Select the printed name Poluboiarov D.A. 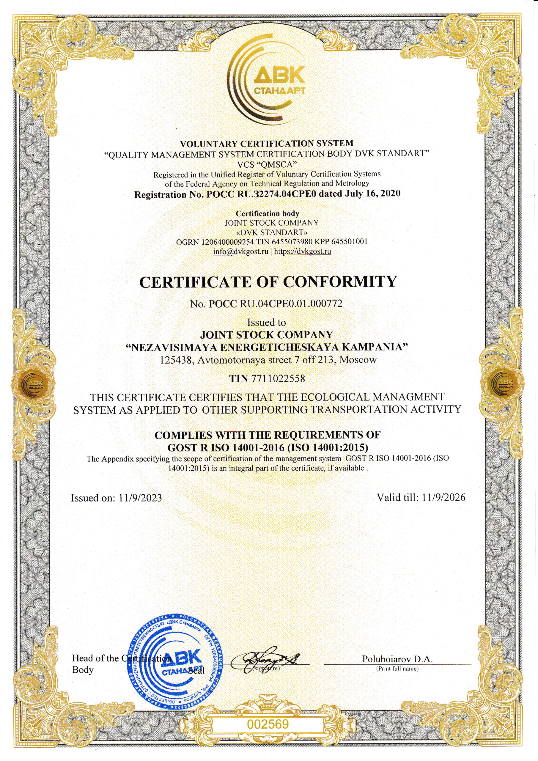click(397, 659)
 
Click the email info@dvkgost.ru click(240, 251)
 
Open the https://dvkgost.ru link click(302, 251)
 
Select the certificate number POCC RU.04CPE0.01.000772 click(275, 304)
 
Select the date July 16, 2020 click(372, 194)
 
